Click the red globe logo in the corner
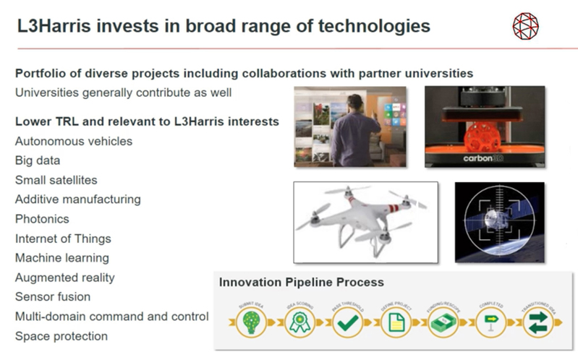(x=526, y=25)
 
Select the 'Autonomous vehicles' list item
(x=74, y=141)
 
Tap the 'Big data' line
(x=38, y=160)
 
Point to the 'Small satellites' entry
(x=56, y=180)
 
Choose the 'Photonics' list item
(x=42, y=218)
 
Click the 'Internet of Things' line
(x=63, y=238)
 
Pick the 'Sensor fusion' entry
(x=52, y=296)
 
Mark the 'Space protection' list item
(x=61, y=335)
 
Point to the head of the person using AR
(x=354, y=102)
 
